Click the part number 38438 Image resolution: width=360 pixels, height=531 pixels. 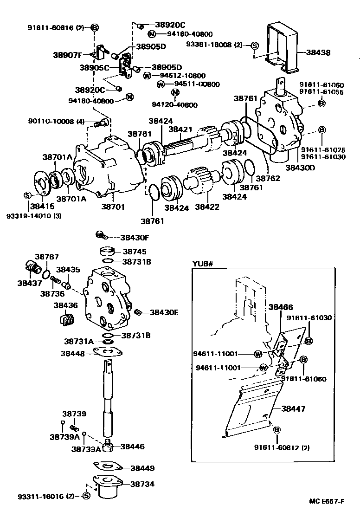[x=318, y=53]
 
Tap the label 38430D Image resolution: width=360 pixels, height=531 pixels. [x=300, y=167]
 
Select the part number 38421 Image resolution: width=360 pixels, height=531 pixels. [x=180, y=129]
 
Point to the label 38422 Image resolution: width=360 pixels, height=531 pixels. [x=207, y=207]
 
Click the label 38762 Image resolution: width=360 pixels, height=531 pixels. [x=269, y=178]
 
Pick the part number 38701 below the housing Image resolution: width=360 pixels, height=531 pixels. [x=113, y=207]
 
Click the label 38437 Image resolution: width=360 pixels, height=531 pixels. [x=30, y=283]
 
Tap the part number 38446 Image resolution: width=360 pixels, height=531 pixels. [x=133, y=447]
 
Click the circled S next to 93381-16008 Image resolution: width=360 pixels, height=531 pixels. [x=254, y=45]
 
